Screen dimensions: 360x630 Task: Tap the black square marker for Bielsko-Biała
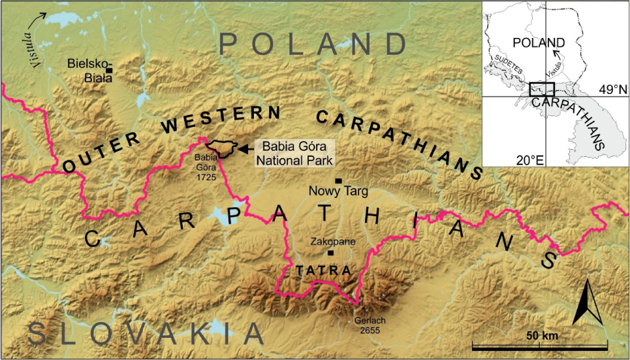[110, 70]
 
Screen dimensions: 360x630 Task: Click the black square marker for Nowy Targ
[338, 180]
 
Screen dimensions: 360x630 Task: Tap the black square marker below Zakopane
[330, 253]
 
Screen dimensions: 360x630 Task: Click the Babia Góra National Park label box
[298, 152]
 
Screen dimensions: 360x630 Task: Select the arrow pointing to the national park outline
[245, 149]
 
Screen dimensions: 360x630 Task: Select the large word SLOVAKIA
[146, 334]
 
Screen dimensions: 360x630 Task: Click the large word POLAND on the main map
[313, 44]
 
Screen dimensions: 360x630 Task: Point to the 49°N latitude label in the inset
[612, 88]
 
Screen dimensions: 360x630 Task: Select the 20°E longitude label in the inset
[529, 158]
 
